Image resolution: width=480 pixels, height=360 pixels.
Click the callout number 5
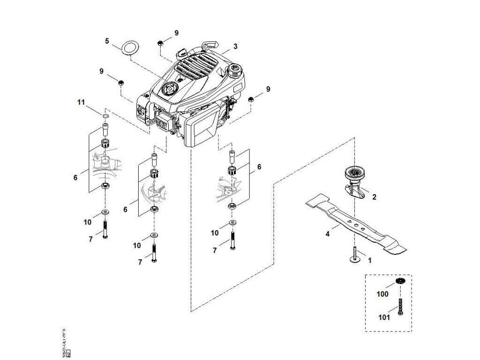107,41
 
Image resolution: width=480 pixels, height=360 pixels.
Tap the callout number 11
81,102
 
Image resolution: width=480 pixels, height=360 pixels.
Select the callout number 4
328,232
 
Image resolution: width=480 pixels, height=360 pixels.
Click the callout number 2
374,197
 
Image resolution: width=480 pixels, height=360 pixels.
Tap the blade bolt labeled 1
354,256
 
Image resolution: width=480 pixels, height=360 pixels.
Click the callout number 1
369,260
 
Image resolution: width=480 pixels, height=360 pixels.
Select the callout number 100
383,294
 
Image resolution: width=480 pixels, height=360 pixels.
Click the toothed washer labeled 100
399,281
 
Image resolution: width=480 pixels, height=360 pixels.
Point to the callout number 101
383,317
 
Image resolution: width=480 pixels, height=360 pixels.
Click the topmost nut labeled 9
160,43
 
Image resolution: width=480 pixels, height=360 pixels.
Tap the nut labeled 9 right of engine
251,98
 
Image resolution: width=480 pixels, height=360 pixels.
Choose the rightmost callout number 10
215,233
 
